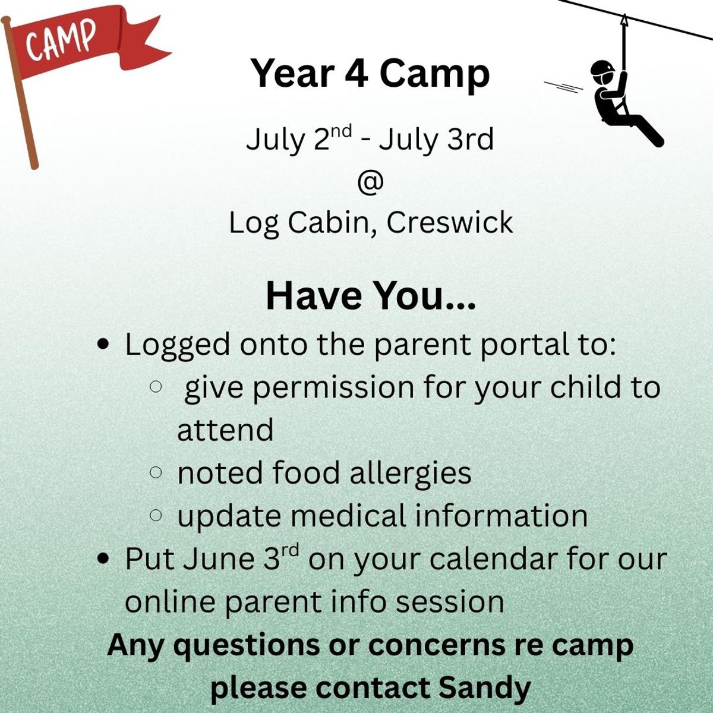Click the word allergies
411,473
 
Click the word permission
333,389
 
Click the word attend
225,431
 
